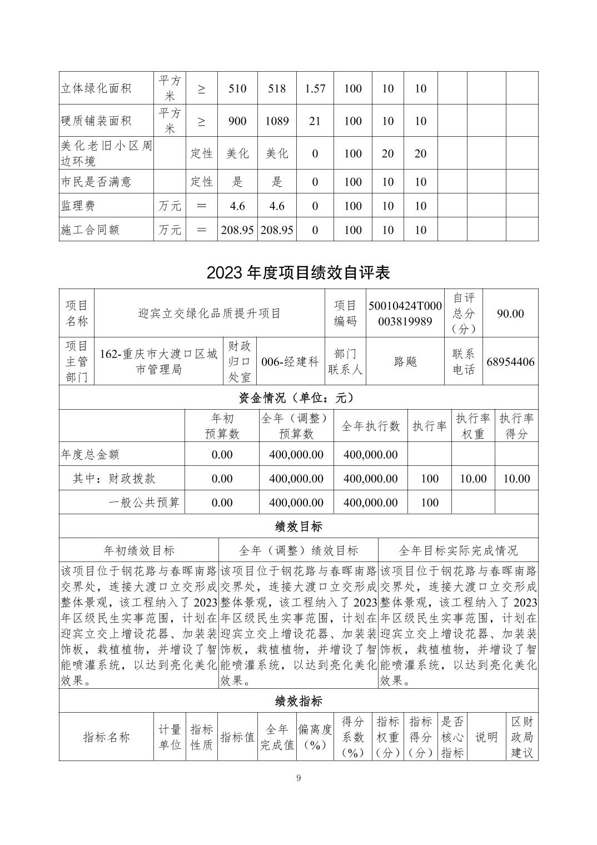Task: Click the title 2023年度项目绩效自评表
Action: point(298,272)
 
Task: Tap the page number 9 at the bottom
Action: point(298,778)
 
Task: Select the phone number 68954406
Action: point(510,362)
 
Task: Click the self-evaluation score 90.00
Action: point(510,314)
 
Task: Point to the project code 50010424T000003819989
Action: point(405,314)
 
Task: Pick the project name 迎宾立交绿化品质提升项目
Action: point(210,314)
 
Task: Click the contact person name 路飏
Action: point(405,362)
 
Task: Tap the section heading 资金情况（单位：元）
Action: point(298,398)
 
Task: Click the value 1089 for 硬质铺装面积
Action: point(277,121)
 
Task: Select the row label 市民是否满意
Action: point(96,182)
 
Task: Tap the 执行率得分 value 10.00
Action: point(516,479)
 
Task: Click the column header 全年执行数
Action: point(370,426)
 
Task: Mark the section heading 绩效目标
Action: point(298,526)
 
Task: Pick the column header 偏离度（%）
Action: point(315,737)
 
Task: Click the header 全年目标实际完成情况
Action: point(458,550)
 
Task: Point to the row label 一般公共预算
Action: point(143,503)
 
